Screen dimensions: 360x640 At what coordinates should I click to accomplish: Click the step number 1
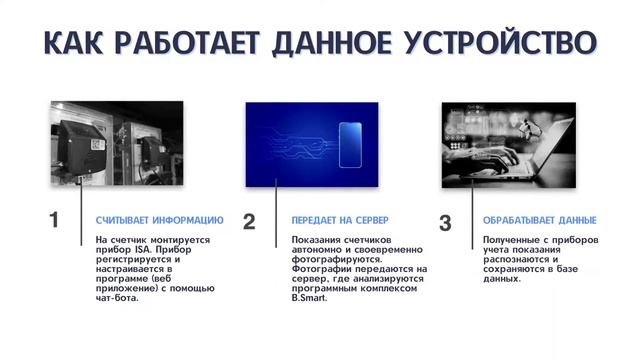point(55,221)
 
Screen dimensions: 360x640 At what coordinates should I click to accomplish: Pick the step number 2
point(249,221)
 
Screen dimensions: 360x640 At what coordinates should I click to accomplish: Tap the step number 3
point(445,221)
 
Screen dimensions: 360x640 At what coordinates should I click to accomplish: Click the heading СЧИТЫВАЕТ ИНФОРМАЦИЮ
point(159,220)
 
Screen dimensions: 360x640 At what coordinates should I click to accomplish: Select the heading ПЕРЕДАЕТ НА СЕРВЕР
point(339,220)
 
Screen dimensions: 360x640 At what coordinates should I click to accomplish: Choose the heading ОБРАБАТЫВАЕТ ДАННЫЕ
point(539,220)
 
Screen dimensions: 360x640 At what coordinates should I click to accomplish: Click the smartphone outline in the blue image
point(349,145)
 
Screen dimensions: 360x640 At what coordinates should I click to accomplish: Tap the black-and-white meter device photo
point(115,145)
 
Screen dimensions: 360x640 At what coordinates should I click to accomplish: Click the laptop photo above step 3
point(508,145)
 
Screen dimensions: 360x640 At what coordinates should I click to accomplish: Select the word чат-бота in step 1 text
point(117,298)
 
